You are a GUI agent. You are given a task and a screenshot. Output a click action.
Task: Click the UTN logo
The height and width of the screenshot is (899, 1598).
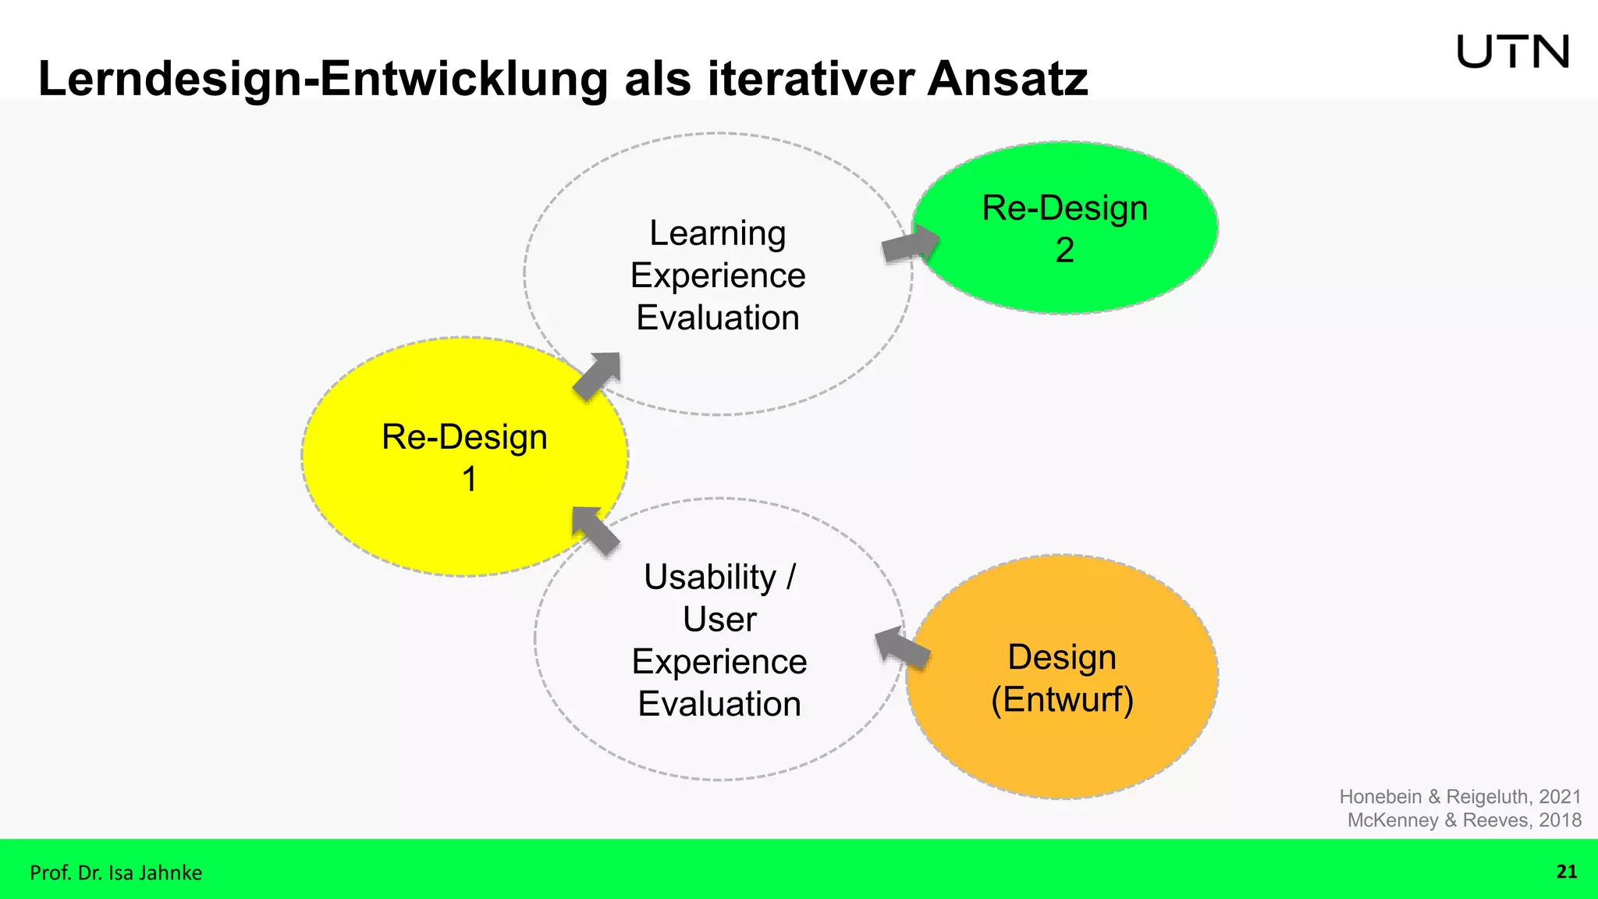point(1512,52)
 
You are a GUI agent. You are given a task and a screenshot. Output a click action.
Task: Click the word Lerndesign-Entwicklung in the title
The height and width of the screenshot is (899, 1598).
point(322,79)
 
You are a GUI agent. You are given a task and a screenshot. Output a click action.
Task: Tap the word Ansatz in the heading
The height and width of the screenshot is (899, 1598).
point(1007,79)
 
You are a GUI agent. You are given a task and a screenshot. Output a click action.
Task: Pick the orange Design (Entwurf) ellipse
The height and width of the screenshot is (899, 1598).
point(1061,749)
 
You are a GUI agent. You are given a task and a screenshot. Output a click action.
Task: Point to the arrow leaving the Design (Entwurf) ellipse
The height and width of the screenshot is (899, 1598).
point(902,648)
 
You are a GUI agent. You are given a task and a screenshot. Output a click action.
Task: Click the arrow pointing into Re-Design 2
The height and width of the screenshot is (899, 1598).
point(911,243)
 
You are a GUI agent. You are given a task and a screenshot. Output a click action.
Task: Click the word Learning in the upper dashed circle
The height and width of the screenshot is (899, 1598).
point(717,233)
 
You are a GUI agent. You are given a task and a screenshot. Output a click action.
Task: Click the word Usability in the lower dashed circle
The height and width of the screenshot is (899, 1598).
point(709,577)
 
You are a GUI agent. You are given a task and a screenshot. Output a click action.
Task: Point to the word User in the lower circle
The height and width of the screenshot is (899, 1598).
point(719,620)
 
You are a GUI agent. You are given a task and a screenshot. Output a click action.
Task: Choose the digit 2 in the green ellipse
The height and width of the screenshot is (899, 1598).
point(1064,251)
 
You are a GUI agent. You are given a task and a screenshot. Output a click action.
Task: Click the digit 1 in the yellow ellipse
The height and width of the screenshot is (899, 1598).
point(469,479)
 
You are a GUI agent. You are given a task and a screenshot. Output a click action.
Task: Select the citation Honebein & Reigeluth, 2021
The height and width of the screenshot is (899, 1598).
point(1460,797)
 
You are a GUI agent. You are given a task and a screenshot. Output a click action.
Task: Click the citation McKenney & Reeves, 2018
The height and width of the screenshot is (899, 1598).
point(1464,820)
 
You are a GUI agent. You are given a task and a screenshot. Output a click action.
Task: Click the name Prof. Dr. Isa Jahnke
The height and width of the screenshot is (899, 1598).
point(115,872)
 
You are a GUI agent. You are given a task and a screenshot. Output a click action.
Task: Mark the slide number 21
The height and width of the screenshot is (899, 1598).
point(1566,872)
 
